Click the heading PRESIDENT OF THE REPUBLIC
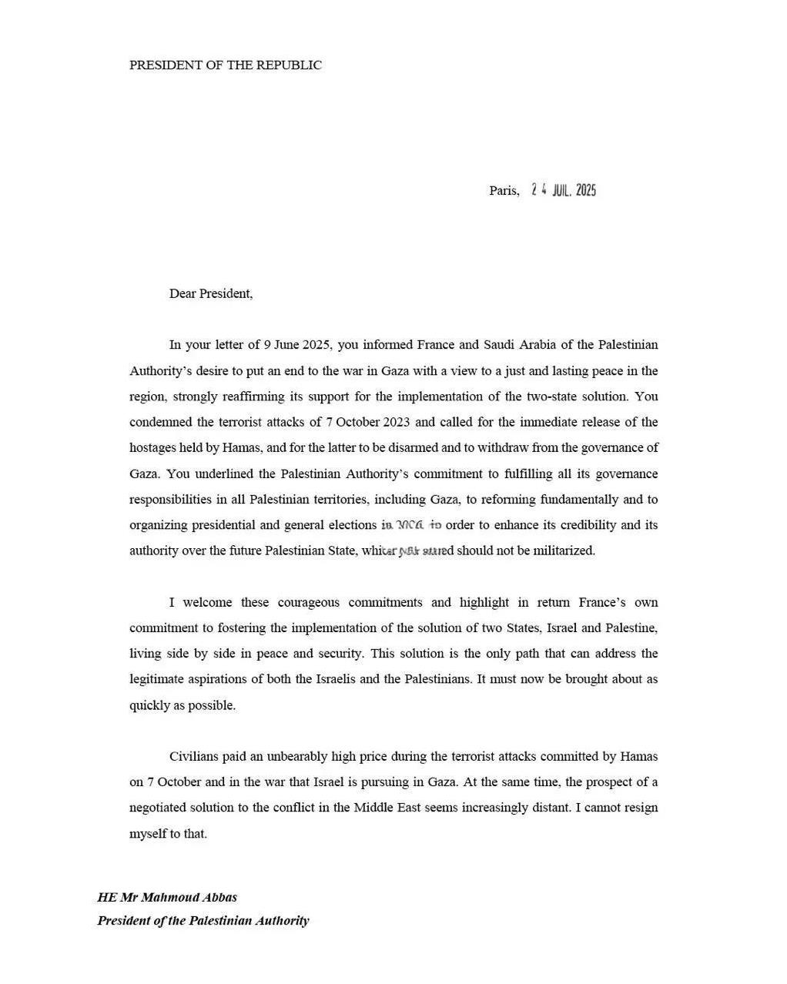pyautogui.click(x=225, y=65)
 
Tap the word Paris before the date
pyautogui.click(x=504, y=191)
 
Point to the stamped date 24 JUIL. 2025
pyautogui.click(x=564, y=190)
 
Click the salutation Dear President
pyautogui.click(x=210, y=293)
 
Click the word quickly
pyautogui.click(x=149, y=705)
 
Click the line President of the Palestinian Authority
pyautogui.click(x=203, y=920)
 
